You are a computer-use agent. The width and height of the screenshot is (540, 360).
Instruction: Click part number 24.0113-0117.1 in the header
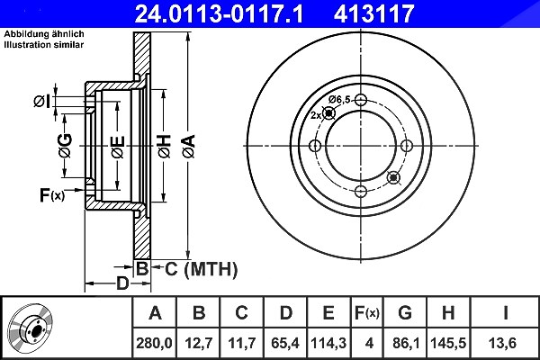(219, 13)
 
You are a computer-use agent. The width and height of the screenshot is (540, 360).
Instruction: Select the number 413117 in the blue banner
(373, 13)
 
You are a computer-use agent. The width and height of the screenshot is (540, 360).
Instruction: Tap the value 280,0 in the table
(154, 343)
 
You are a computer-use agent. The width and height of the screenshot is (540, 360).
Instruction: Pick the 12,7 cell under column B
(199, 343)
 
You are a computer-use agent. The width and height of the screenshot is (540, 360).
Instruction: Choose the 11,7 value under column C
(242, 343)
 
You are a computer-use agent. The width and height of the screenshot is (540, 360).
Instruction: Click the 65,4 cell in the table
(285, 343)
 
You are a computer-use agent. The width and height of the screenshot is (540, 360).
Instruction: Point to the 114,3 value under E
(328, 343)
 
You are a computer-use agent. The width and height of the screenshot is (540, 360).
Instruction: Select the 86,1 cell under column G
(405, 343)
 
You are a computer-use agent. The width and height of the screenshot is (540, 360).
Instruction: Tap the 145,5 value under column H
(448, 343)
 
